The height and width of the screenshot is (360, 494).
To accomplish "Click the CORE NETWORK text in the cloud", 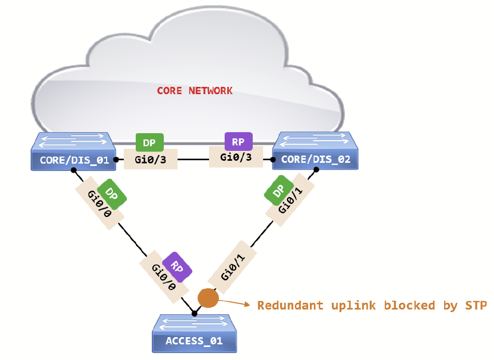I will pyautogui.click(x=194, y=91).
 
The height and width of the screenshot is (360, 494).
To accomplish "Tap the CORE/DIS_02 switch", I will pyautogui.click(x=316, y=151).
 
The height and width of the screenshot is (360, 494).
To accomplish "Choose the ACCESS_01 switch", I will pyautogui.click(x=194, y=333).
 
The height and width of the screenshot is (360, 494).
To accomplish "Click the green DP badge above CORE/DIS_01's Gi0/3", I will pyautogui.click(x=149, y=143).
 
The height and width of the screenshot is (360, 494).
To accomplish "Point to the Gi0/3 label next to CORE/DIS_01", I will pyautogui.click(x=150, y=160).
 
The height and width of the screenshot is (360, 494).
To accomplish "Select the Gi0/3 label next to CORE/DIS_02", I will pyautogui.click(x=236, y=157).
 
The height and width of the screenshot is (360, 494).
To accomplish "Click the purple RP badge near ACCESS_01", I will pyautogui.click(x=177, y=267).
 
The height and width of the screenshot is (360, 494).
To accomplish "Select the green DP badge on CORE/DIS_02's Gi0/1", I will pyautogui.click(x=279, y=193).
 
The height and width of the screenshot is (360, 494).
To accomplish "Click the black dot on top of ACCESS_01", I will pyautogui.click(x=194, y=313).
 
